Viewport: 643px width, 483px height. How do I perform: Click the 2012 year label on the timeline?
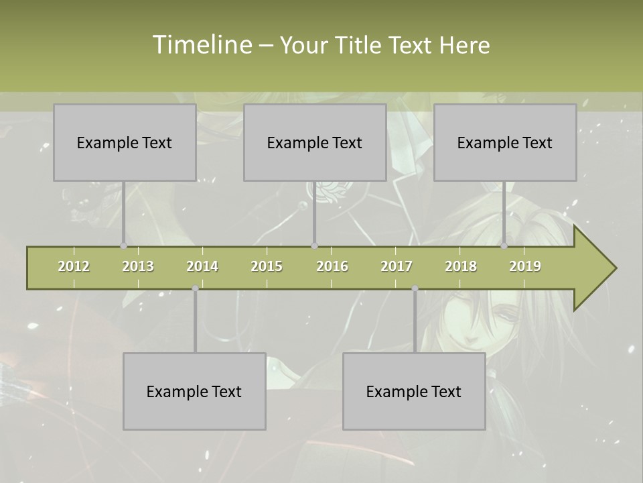(x=74, y=266)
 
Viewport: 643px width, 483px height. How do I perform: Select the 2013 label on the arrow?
(x=138, y=266)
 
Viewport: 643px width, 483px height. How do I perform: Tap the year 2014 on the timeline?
(x=202, y=266)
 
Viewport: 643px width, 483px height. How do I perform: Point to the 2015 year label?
(x=267, y=266)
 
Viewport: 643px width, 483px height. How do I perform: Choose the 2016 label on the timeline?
(x=332, y=266)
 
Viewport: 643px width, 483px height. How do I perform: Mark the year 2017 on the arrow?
(x=397, y=266)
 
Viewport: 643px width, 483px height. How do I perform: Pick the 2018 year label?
(x=461, y=266)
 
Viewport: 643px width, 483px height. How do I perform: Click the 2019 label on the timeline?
(x=525, y=266)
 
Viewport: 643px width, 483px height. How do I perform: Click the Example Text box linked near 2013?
(x=125, y=142)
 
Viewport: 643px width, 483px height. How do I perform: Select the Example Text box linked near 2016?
(x=315, y=142)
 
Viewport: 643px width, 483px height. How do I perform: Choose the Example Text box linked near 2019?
(x=505, y=142)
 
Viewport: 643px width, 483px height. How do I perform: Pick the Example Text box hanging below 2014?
(x=194, y=391)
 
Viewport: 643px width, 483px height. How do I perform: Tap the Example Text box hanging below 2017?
(x=414, y=391)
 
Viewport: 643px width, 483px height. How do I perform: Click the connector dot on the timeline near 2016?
(x=315, y=246)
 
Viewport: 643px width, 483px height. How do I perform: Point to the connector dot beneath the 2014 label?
(x=195, y=288)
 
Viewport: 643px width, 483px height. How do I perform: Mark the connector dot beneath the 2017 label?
(x=415, y=288)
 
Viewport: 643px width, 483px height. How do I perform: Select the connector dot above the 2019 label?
(x=504, y=246)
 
